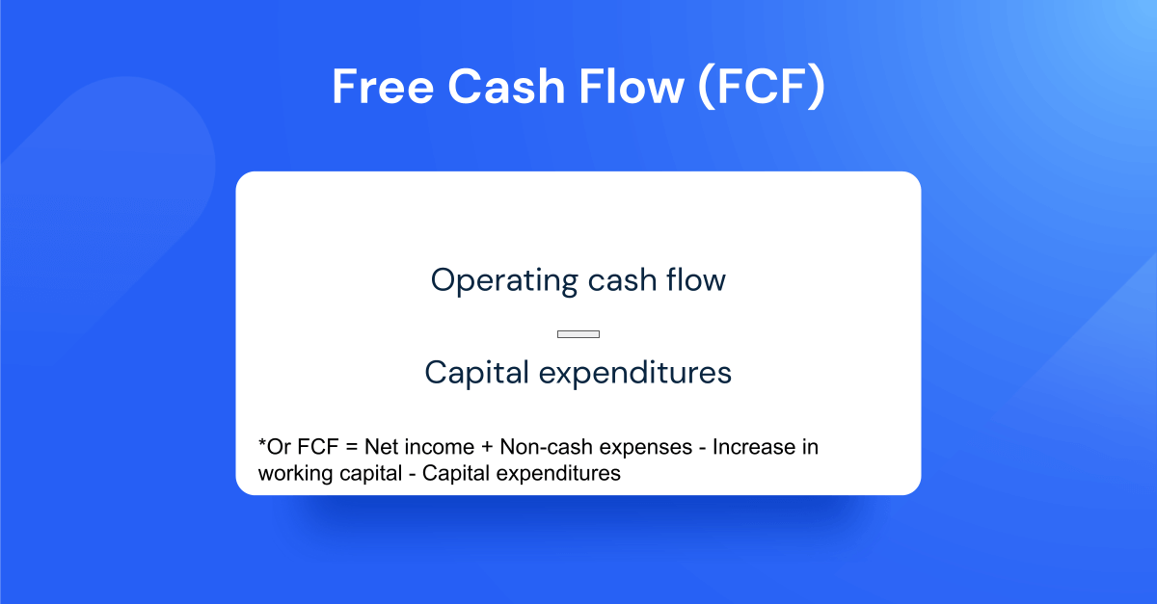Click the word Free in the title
pos(381,88)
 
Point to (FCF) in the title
pos(761,88)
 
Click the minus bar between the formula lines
pos(578,334)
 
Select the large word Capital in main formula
pos(476,373)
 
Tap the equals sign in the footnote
pos(344,448)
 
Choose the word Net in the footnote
pos(372,448)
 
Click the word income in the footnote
pos(429,448)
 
